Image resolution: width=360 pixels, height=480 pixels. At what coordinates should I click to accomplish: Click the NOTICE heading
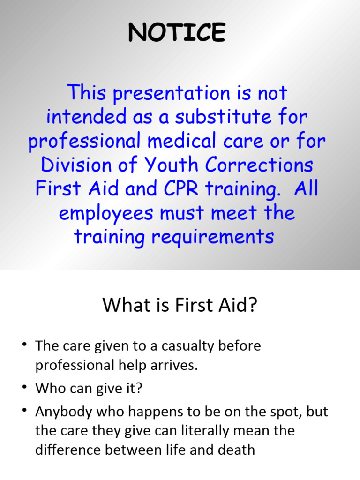[x=177, y=33]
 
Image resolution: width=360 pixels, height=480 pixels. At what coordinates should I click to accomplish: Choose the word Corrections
[x=265, y=165]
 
